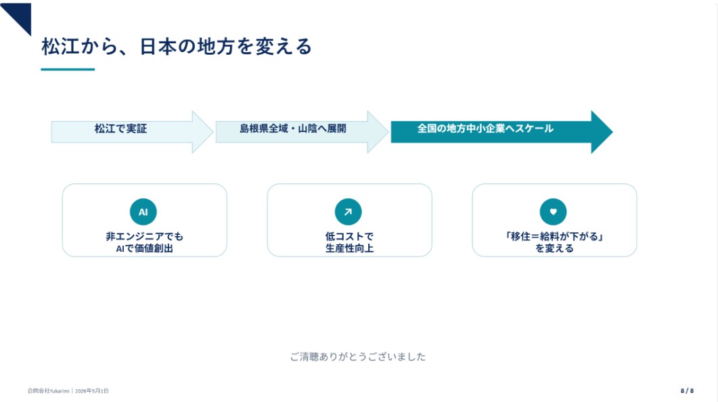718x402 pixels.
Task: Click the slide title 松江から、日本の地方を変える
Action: click(x=177, y=47)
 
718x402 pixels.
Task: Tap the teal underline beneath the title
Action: click(x=68, y=69)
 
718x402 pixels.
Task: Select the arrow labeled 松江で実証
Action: click(x=132, y=132)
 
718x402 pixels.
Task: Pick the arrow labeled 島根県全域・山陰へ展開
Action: click(x=302, y=132)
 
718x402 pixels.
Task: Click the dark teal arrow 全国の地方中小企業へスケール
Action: click(x=501, y=132)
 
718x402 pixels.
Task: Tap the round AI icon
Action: click(x=143, y=212)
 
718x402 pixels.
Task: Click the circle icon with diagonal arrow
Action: click(x=349, y=212)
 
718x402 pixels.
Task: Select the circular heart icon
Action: click(x=553, y=212)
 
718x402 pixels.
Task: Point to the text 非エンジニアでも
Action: click(x=144, y=236)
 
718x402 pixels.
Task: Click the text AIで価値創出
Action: click(x=144, y=248)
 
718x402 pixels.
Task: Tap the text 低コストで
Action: click(x=349, y=236)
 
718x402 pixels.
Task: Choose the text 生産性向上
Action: click(x=349, y=248)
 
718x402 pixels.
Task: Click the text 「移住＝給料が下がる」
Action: click(x=554, y=236)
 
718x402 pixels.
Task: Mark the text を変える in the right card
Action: click(x=554, y=248)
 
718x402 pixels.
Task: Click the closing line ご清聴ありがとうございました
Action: click(x=358, y=357)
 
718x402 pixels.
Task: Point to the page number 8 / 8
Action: click(x=687, y=390)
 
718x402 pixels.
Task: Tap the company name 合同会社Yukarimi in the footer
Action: click(x=48, y=391)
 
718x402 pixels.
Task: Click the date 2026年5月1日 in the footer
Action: click(x=92, y=391)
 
